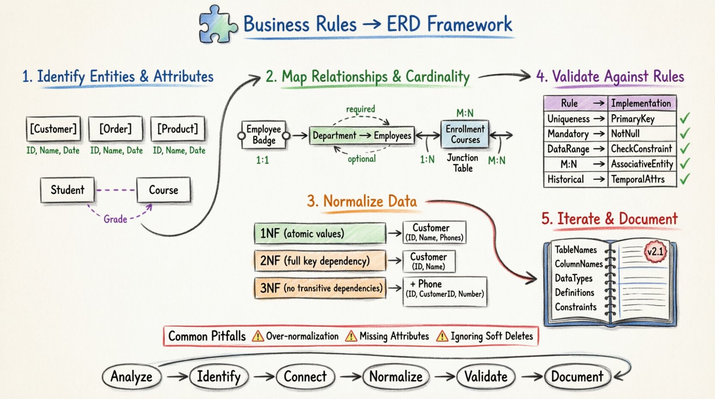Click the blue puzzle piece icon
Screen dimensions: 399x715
click(217, 24)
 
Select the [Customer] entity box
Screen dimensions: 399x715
click(53, 129)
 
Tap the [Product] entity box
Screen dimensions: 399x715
click(177, 129)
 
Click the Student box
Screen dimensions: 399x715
click(67, 190)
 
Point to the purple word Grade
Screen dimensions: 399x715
click(115, 219)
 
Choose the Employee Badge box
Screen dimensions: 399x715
click(263, 135)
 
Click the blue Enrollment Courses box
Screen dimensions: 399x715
click(465, 135)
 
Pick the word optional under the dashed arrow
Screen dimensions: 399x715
click(361, 159)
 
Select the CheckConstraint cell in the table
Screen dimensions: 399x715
click(642, 149)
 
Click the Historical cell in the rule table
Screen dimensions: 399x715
click(565, 179)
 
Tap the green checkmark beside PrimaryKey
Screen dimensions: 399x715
click(685, 118)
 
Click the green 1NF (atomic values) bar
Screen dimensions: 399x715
click(320, 233)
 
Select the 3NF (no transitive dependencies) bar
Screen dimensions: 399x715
click(321, 288)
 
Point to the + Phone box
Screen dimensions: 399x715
click(445, 291)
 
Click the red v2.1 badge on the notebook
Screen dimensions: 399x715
click(655, 252)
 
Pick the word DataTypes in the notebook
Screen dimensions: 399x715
click(573, 278)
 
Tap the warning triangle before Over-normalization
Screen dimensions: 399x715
click(258, 336)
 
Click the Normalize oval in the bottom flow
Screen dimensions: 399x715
click(396, 377)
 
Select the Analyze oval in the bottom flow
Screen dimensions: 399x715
click(131, 377)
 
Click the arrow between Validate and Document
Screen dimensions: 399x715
click(532, 377)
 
